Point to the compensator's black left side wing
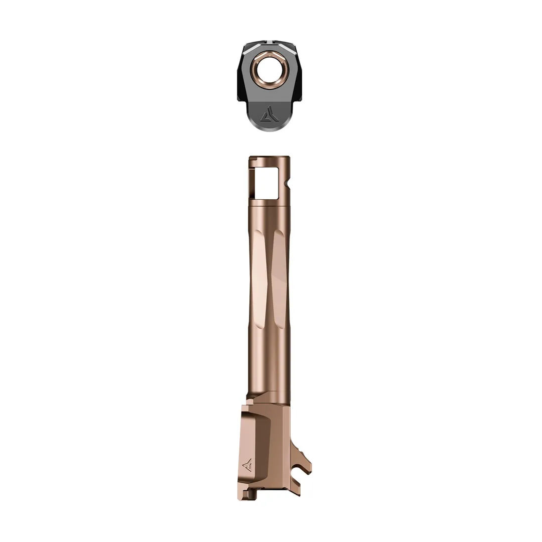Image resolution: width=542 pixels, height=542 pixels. (242, 75)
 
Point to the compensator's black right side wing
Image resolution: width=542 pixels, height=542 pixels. (300, 75)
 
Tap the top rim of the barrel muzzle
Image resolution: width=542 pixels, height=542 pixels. (268, 158)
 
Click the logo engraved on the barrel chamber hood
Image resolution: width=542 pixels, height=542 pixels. (248, 465)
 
